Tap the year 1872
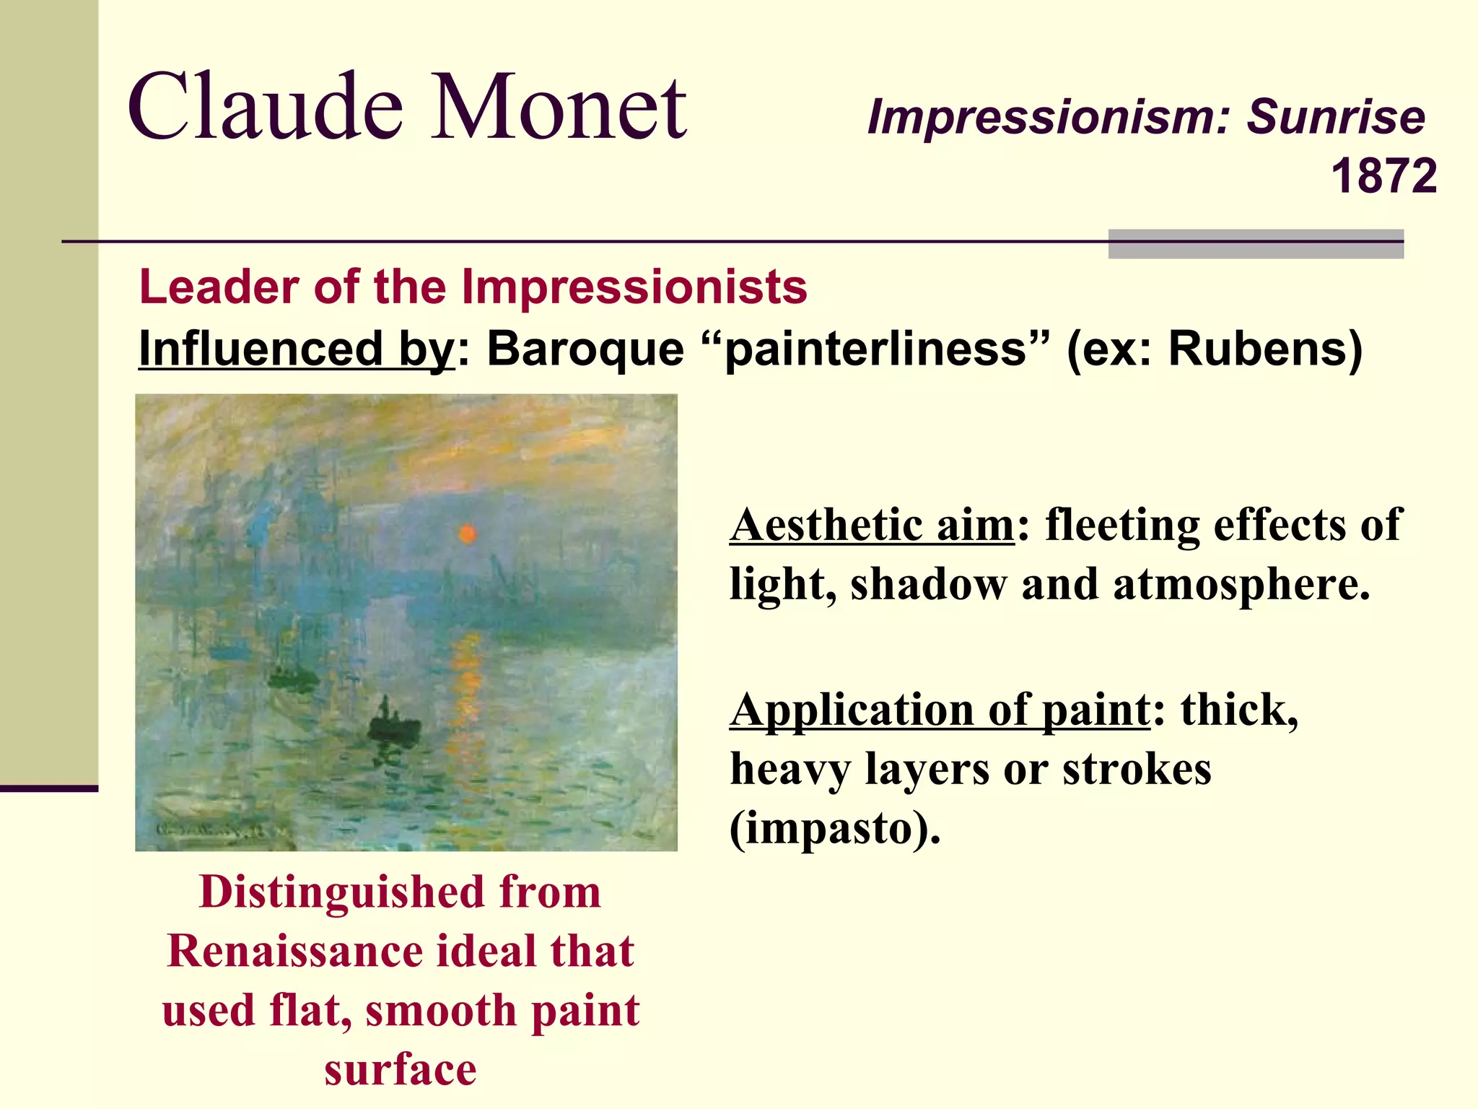[x=1383, y=176]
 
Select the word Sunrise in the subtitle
[x=1336, y=116]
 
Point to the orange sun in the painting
[x=468, y=534]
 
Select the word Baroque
[x=585, y=349]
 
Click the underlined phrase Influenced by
[x=296, y=349]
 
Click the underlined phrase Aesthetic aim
[x=873, y=524]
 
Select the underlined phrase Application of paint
[x=940, y=710]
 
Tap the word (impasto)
[x=836, y=828]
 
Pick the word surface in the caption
[x=401, y=1069]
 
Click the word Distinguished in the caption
[x=341, y=892]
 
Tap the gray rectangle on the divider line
[x=1256, y=244]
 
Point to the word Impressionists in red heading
[x=634, y=287]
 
